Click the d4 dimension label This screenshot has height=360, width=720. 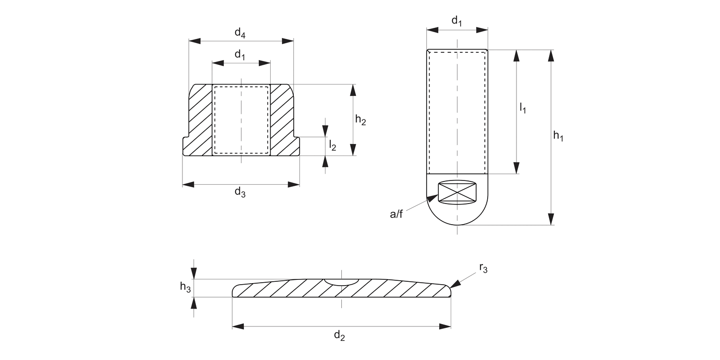tap(240, 33)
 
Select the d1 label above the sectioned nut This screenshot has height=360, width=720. tap(240, 55)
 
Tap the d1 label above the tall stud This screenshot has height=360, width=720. tap(457, 21)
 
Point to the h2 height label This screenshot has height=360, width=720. tap(360, 120)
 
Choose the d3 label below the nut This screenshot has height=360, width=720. tap(240, 192)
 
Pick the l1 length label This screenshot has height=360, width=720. tap(523, 108)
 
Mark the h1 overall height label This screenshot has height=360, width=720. tap(558, 136)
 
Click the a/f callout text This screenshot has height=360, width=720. tap(396, 214)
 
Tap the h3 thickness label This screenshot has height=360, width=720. tap(185, 287)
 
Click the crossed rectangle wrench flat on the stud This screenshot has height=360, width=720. tap(457, 192)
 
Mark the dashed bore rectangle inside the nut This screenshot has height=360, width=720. tap(241, 120)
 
